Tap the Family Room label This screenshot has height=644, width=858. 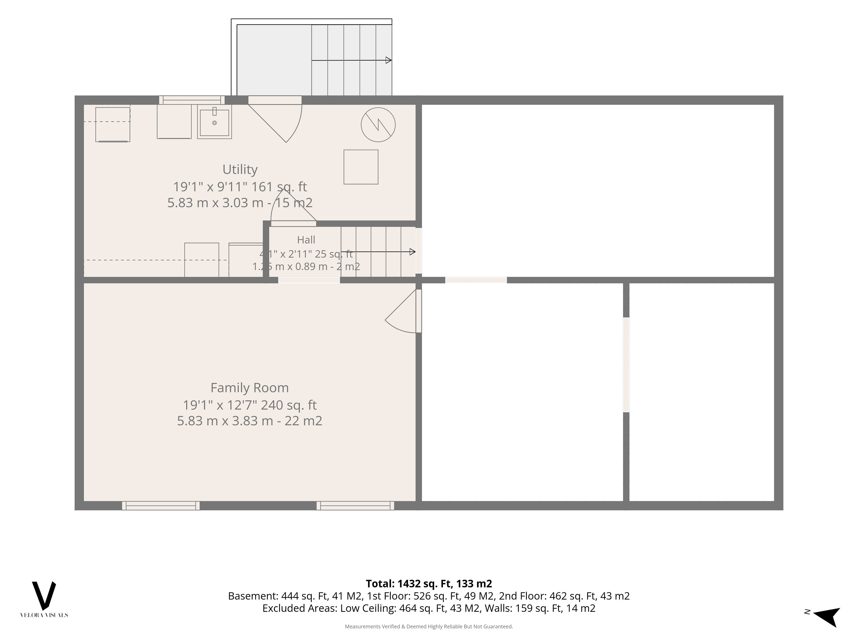click(249, 388)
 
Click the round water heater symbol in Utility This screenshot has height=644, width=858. click(378, 125)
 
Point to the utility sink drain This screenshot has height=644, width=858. click(214, 123)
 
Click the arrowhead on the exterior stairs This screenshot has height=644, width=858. click(389, 60)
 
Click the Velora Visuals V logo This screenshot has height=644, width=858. click(44, 595)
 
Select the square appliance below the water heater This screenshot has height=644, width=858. click(361, 167)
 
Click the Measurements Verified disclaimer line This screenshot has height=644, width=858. click(429, 627)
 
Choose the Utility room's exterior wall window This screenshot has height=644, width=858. click(192, 100)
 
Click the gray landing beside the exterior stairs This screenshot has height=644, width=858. click(274, 60)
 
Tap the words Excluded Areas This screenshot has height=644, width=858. click(299, 608)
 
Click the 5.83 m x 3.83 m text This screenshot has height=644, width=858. click(225, 421)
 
